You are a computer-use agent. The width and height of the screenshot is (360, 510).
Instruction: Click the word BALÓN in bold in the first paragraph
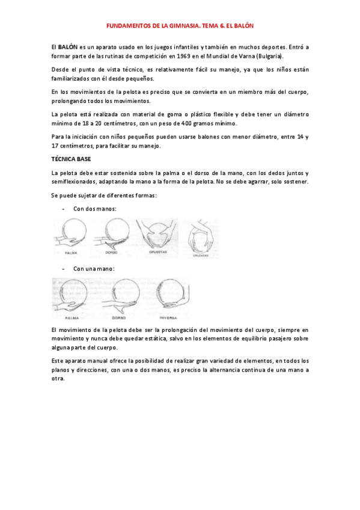point(68,46)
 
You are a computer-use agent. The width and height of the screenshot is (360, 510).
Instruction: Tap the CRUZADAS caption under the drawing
point(201,255)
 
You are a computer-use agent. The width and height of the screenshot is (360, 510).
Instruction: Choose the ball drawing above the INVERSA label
point(171,296)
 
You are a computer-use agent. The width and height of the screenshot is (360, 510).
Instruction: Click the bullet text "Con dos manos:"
point(95,209)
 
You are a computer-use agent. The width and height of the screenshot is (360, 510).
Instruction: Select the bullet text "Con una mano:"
point(94,269)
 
